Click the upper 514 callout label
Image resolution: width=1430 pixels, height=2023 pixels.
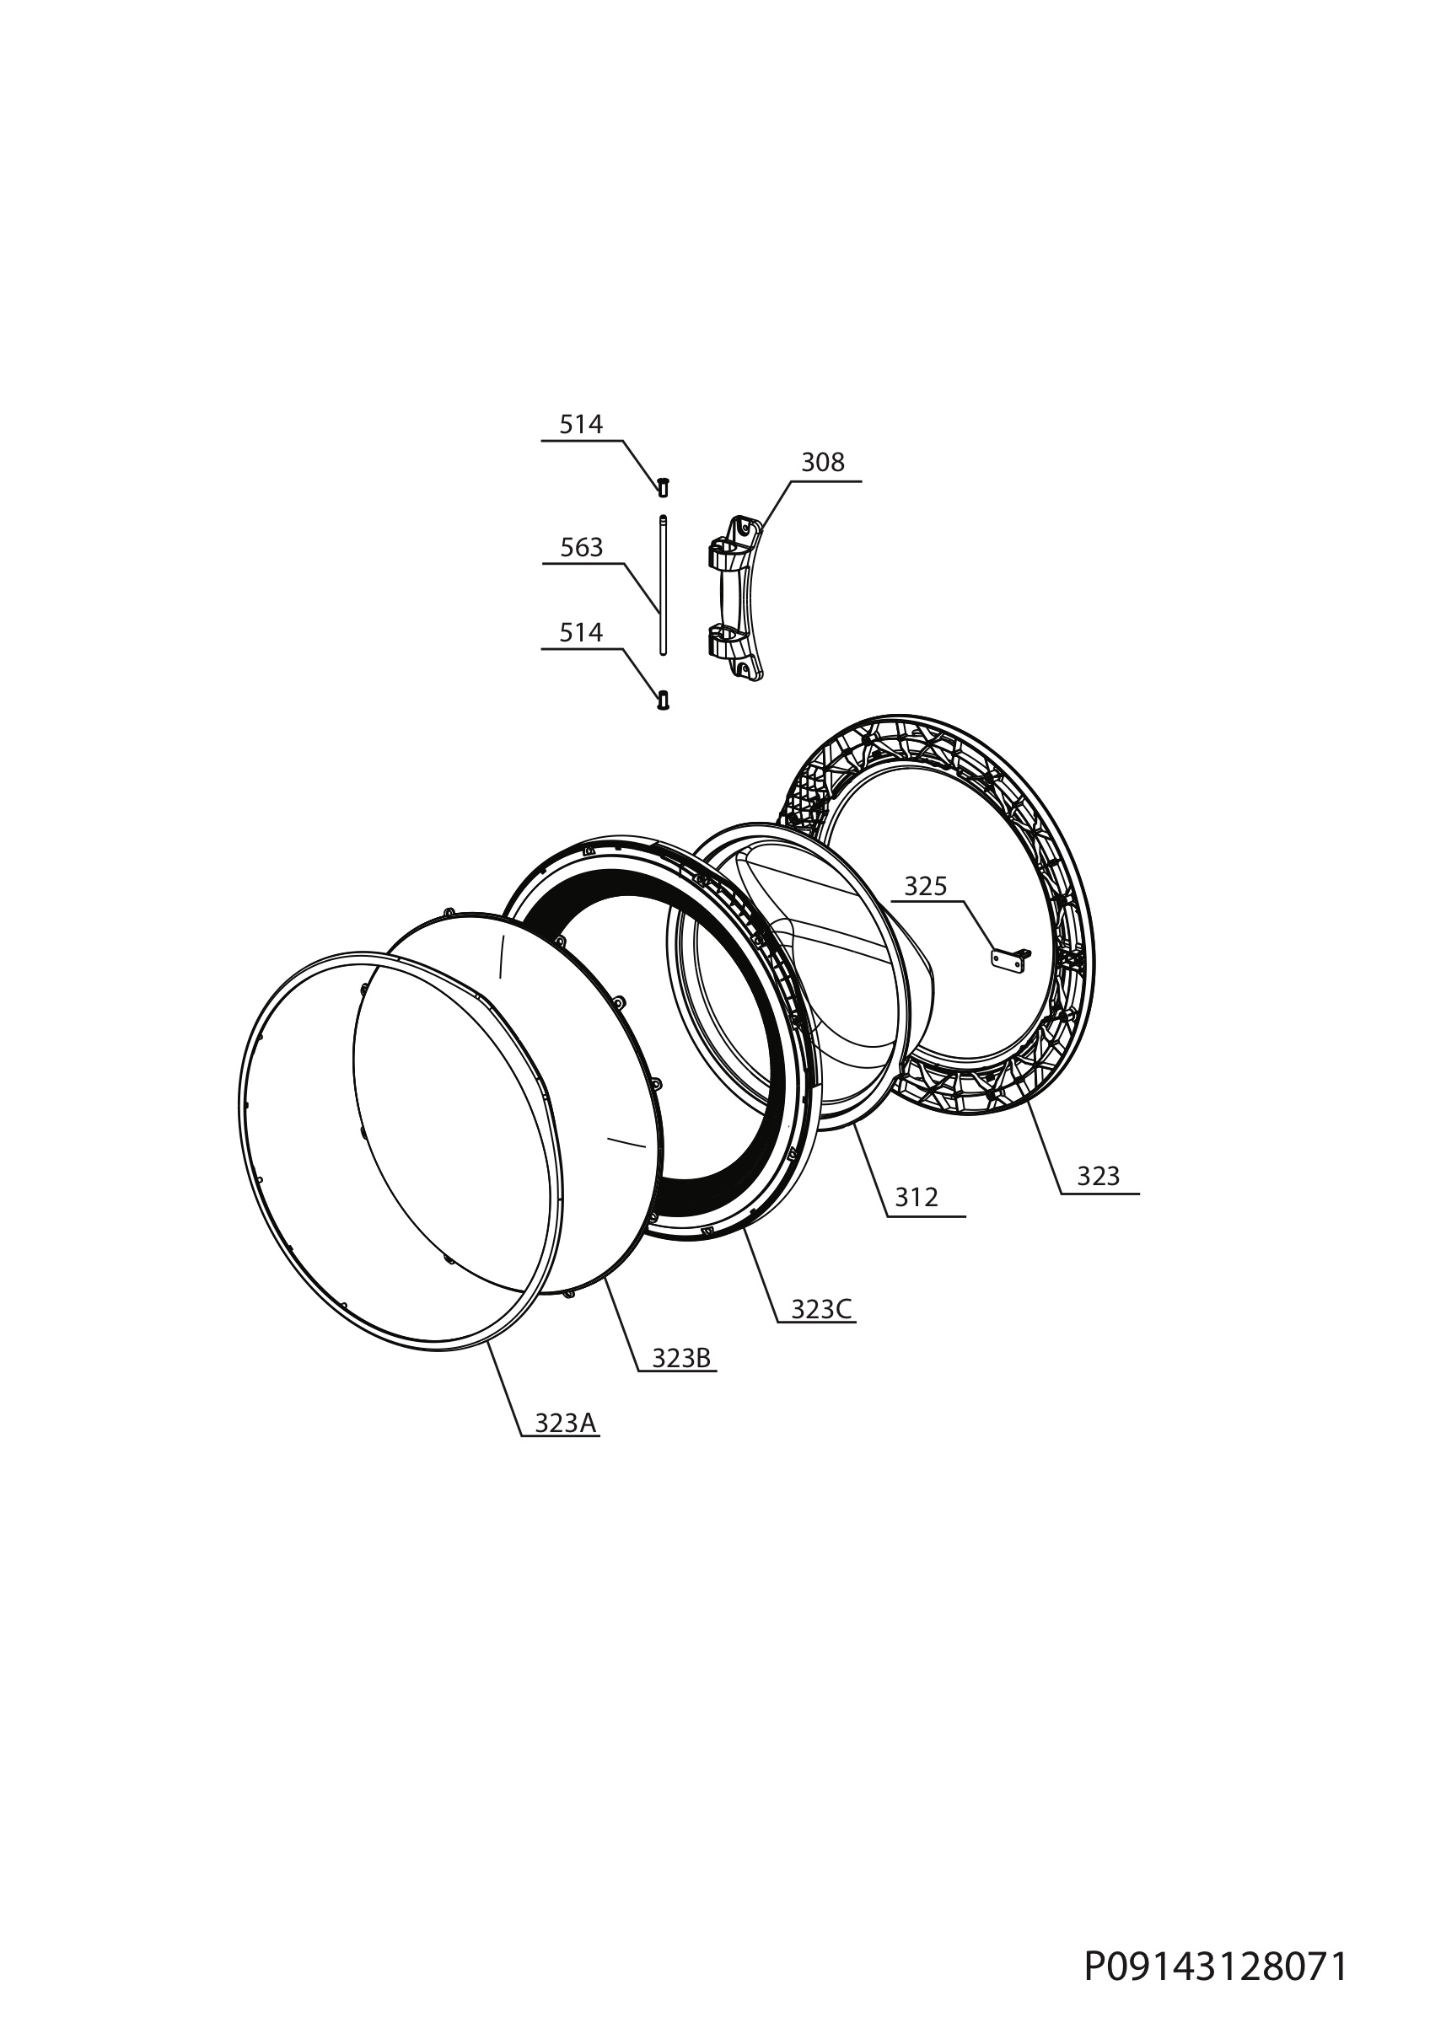click(581, 425)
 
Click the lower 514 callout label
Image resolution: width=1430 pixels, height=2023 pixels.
click(581, 633)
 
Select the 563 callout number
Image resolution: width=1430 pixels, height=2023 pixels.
click(582, 548)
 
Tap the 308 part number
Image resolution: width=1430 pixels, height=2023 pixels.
click(822, 463)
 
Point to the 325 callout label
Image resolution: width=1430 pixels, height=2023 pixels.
click(925, 887)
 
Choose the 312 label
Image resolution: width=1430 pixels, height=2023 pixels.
click(917, 1198)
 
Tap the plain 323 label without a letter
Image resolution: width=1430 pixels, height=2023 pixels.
click(1098, 1176)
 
